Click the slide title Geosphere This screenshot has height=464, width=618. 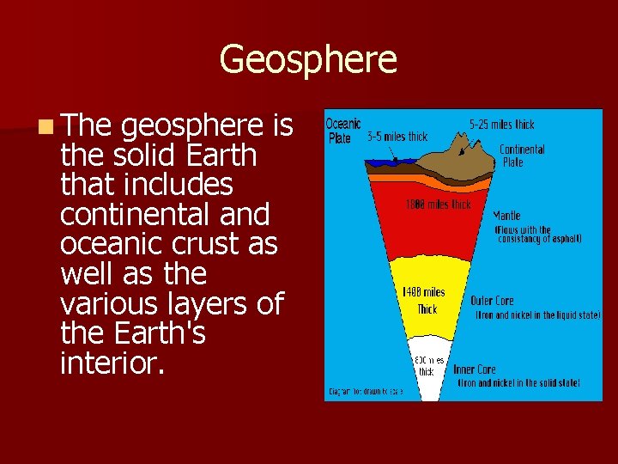(x=308, y=60)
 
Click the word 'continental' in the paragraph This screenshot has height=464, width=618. (x=121, y=214)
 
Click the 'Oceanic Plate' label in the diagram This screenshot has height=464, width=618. (x=342, y=131)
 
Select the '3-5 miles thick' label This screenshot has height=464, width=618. (x=397, y=137)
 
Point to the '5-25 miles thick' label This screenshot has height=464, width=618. (x=501, y=125)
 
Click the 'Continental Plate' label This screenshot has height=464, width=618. (x=522, y=156)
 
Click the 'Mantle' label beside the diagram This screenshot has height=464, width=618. (x=506, y=216)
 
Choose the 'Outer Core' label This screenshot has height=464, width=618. (x=492, y=301)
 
